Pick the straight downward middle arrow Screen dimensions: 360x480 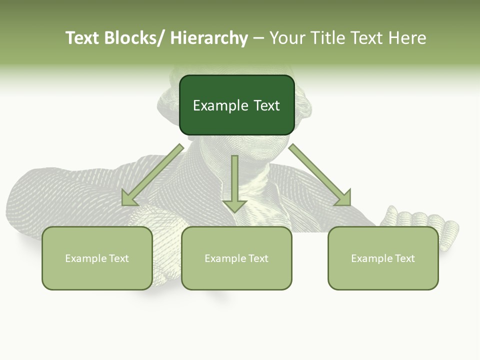point(234,182)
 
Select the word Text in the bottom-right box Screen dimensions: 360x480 point(404,258)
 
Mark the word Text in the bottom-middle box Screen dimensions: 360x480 point(257,258)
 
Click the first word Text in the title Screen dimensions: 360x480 point(82,38)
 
